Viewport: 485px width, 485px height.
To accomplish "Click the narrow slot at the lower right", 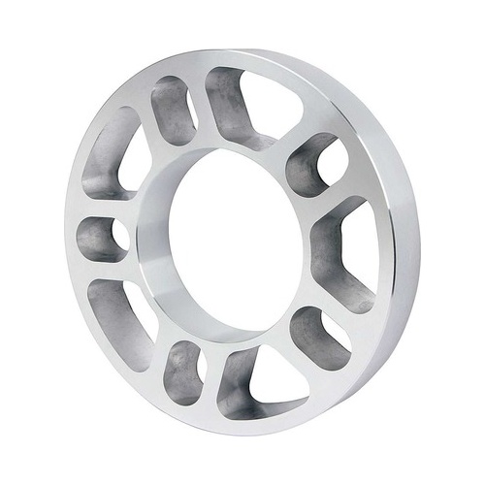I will coord(320,335).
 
